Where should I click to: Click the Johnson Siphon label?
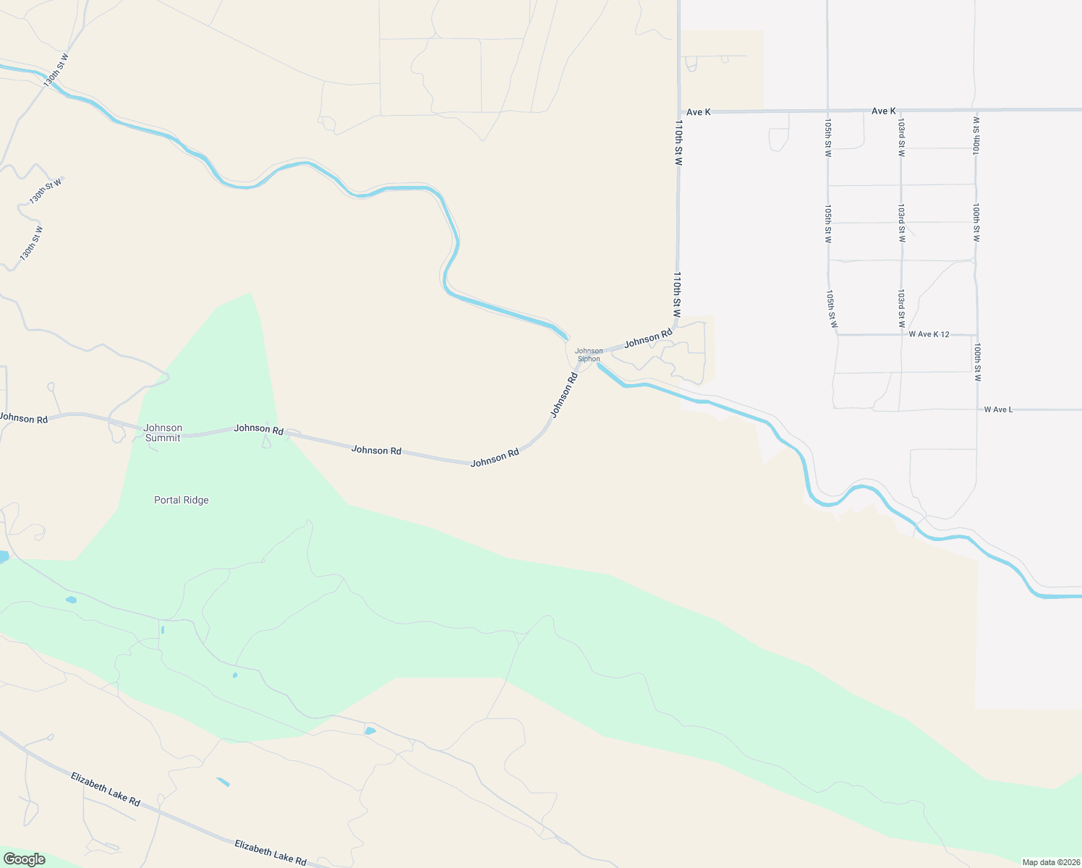(x=589, y=355)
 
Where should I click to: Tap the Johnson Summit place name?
(x=163, y=433)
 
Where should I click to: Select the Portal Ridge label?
(x=182, y=500)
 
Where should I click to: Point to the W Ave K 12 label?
(x=929, y=334)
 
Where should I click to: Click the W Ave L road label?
(x=998, y=409)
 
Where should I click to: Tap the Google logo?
(x=24, y=859)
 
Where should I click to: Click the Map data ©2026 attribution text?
(x=1050, y=862)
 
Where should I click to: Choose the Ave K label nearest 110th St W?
(x=699, y=112)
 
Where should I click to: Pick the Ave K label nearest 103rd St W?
(x=884, y=111)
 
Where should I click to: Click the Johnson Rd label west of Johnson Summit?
(x=24, y=418)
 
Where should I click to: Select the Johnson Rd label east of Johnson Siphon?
(x=648, y=338)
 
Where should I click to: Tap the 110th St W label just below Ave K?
(x=678, y=143)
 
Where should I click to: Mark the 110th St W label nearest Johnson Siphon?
(x=677, y=295)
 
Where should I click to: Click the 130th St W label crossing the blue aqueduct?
(x=56, y=70)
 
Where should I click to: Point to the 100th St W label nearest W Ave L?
(x=977, y=362)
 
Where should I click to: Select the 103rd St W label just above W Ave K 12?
(x=902, y=309)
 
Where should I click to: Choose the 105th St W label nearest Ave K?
(x=828, y=137)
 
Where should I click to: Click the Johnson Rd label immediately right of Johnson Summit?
(x=258, y=429)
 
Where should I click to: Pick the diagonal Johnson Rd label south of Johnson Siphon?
(x=564, y=395)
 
